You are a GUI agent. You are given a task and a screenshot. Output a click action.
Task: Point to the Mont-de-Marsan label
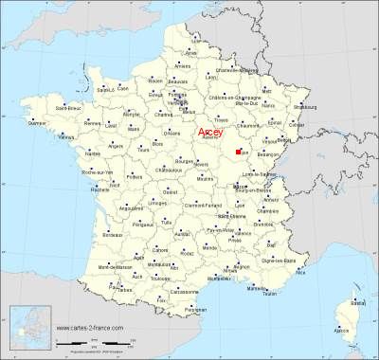pos(91,272)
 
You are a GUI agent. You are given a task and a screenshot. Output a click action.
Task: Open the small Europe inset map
pos(27,326)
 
